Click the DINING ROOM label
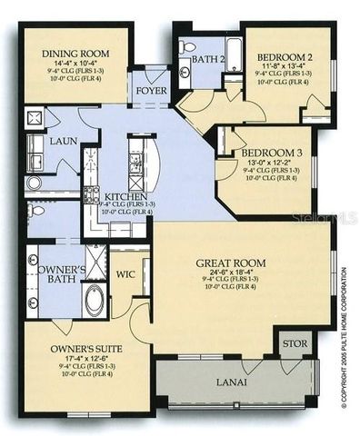click(65, 54)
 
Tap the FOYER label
click(150, 92)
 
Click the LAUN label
click(64, 142)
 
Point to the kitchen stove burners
click(91, 193)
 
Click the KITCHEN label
click(123, 196)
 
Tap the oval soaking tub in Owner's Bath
click(95, 299)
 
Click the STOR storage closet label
click(294, 344)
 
